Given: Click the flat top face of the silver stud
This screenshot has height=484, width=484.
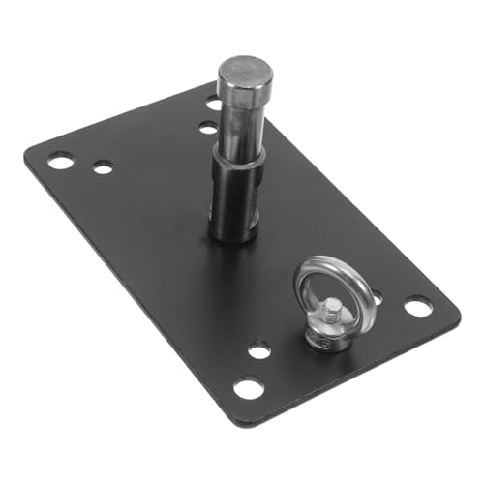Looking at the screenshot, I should pos(244,70).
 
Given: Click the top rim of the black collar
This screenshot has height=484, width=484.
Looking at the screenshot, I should pos(235,166).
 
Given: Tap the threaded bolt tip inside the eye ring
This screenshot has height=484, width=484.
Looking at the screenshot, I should pos(332,311).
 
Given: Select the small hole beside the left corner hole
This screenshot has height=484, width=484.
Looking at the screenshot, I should pos(102,167).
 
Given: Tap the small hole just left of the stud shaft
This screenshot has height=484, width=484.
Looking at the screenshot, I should pos(208,127).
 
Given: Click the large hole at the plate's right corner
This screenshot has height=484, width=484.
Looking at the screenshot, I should pos(417,307).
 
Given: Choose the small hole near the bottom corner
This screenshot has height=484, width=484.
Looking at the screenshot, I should pos(258,349).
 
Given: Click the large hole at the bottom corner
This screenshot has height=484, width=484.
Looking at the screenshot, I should pos(248,388).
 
